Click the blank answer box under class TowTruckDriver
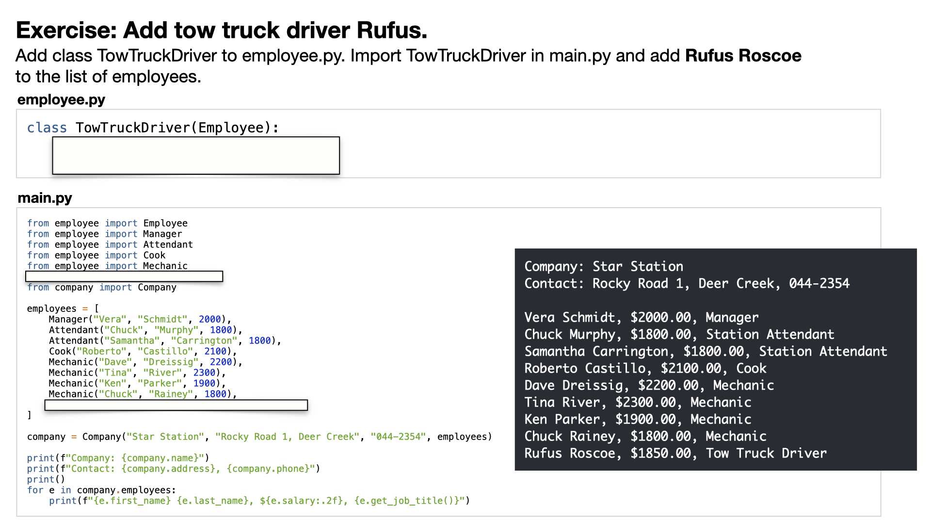[196, 155]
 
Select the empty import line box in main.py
[124, 276]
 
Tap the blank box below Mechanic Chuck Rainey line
[176, 405]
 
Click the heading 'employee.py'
[61, 99]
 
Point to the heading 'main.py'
[45, 198]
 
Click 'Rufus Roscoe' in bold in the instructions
[743, 56]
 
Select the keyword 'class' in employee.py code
[47, 128]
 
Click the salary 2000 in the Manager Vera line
[210, 319]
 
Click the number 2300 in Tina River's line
[204, 373]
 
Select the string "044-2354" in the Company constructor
[398, 437]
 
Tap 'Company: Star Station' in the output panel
[604, 266]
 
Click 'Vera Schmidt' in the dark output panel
[570, 317]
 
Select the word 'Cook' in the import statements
[154, 255]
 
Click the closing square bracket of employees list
[29, 415]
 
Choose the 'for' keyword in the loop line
[35, 490]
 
